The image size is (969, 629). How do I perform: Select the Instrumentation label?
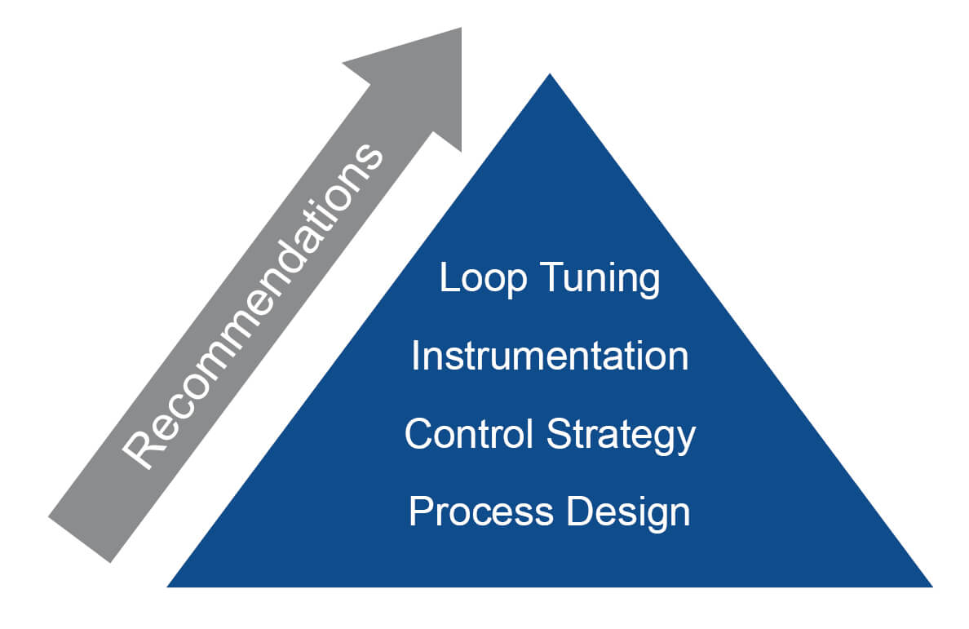pos(549,357)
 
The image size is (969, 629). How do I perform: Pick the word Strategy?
pos(621,436)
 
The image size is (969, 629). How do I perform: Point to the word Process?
pos(470,512)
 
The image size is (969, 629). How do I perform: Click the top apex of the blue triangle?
pos(550,77)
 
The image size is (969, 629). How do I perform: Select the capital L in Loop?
pos(448,279)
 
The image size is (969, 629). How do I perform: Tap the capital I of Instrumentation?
pos(415,357)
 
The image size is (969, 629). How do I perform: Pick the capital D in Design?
pos(579,512)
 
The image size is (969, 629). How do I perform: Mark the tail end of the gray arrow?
pos(80,538)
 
